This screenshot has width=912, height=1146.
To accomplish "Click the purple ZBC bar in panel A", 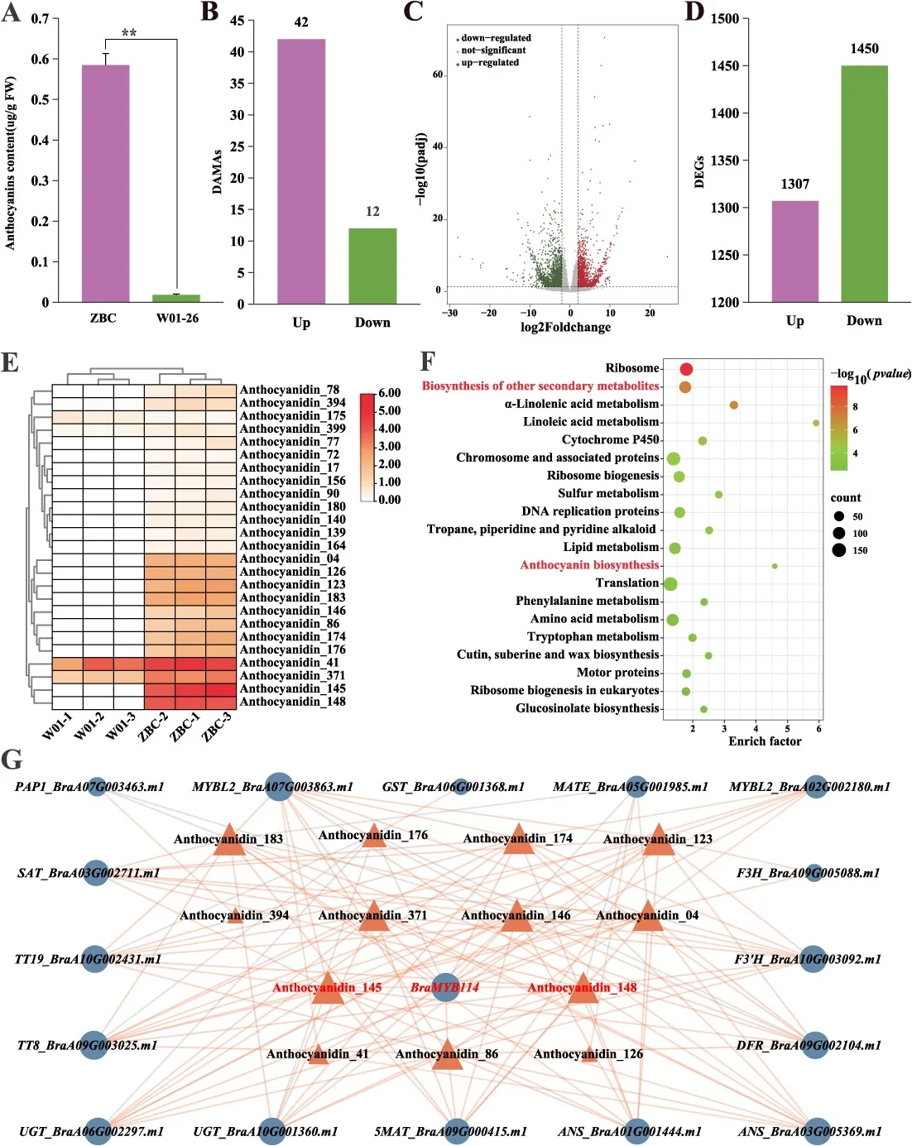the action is click(x=105, y=183).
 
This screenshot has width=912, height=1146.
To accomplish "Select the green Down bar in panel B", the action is click(x=372, y=266).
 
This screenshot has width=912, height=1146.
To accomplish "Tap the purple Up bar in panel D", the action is click(x=794, y=252).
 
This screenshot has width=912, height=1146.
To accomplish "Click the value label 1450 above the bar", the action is click(x=864, y=49).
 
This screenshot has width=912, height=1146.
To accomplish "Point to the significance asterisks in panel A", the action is click(x=129, y=33).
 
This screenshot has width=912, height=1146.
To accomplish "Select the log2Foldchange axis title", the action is click(x=565, y=327).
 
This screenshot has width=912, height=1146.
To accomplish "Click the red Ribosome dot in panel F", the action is click(x=686, y=369).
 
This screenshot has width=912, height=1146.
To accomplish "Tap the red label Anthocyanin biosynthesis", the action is click(x=589, y=565).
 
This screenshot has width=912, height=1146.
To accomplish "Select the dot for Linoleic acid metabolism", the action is click(x=815, y=423).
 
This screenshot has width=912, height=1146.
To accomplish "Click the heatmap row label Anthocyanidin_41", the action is click(x=290, y=663).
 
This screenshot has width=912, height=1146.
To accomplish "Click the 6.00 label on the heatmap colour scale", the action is click(x=390, y=393).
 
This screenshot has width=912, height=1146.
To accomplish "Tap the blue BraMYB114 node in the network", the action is click(x=444, y=987).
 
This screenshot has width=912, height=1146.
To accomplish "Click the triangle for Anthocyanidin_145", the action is click(x=328, y=990).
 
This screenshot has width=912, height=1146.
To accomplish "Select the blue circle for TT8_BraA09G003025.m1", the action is click(x=94, y=1045).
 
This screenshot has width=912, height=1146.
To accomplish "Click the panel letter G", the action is click(x=12, y=760).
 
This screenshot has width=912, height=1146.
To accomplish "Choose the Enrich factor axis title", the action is click(x=765, y=741).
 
